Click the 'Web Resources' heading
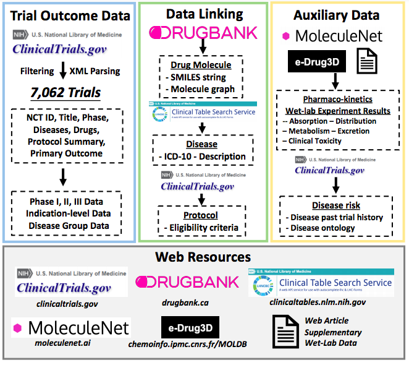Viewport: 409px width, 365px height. click(203, 256)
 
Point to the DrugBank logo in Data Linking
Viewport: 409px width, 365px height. click(203, 32)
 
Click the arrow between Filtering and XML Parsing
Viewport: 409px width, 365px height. click(62, 72)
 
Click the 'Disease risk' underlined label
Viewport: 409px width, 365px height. click(336, 205)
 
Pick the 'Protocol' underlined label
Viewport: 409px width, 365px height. click(201, 215)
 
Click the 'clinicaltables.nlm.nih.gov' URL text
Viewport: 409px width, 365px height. click(317, 303)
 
